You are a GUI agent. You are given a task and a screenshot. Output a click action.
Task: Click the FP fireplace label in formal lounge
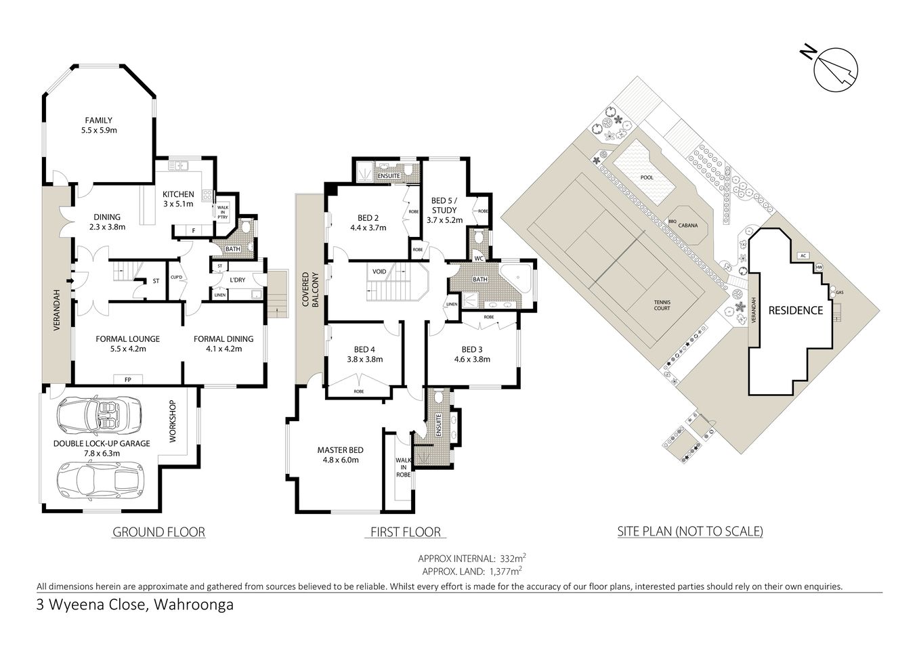pos(127,379)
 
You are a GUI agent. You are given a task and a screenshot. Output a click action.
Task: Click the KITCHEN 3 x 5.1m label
pos(178,198)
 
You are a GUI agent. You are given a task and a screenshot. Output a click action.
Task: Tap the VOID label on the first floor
pos(379,272)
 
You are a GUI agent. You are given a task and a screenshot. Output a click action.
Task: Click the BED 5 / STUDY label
pos(444,210)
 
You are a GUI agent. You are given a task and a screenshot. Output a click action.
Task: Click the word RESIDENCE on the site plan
pos(795,311)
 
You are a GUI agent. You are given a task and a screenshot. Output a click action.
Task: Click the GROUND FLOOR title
pos(158,532)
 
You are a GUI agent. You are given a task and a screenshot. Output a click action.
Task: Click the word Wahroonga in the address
pos(194,605)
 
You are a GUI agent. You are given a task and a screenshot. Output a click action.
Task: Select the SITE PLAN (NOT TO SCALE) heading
pos(690,532)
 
